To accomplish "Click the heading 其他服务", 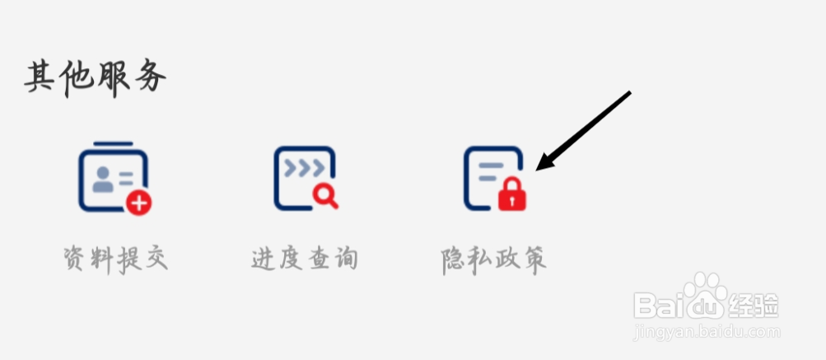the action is point(96,79).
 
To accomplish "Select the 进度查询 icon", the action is point(306,178).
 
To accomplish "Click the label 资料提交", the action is point(116,259).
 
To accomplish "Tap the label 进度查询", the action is point(305,259).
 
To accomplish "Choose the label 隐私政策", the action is point(494,259).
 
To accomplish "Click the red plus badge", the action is point(138,201).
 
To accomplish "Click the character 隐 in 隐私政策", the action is point(455,259).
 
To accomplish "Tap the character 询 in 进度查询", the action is point(346,259).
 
